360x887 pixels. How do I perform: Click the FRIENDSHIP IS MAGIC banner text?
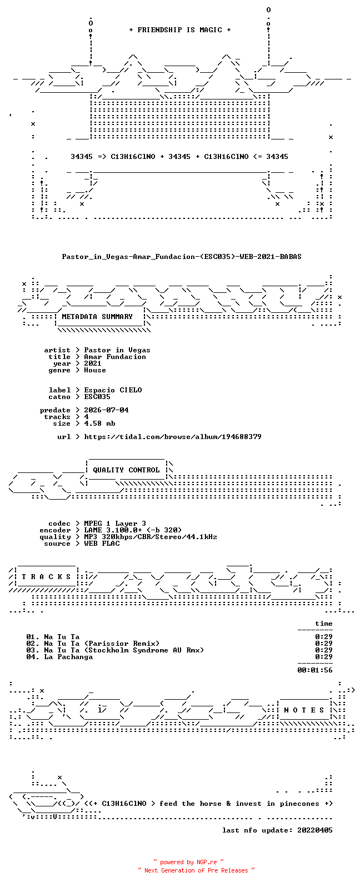180,29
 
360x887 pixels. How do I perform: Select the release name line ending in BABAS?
181,257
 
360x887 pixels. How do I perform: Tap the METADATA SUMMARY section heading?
97,317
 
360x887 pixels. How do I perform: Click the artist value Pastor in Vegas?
117,350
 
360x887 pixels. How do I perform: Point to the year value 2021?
93,363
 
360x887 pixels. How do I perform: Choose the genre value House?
95,370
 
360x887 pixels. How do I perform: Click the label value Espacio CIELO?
113,390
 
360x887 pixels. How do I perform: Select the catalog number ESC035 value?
97,397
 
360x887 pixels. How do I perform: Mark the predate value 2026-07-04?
106,410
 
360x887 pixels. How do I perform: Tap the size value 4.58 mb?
99,423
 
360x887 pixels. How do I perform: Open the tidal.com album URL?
173,437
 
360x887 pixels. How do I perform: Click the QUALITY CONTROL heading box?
126,470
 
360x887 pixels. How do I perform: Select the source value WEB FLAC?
102,544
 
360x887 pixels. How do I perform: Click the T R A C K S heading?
46,576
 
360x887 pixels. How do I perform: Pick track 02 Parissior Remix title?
102,644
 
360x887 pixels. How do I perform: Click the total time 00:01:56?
315,670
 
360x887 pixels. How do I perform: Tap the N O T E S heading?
304,710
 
